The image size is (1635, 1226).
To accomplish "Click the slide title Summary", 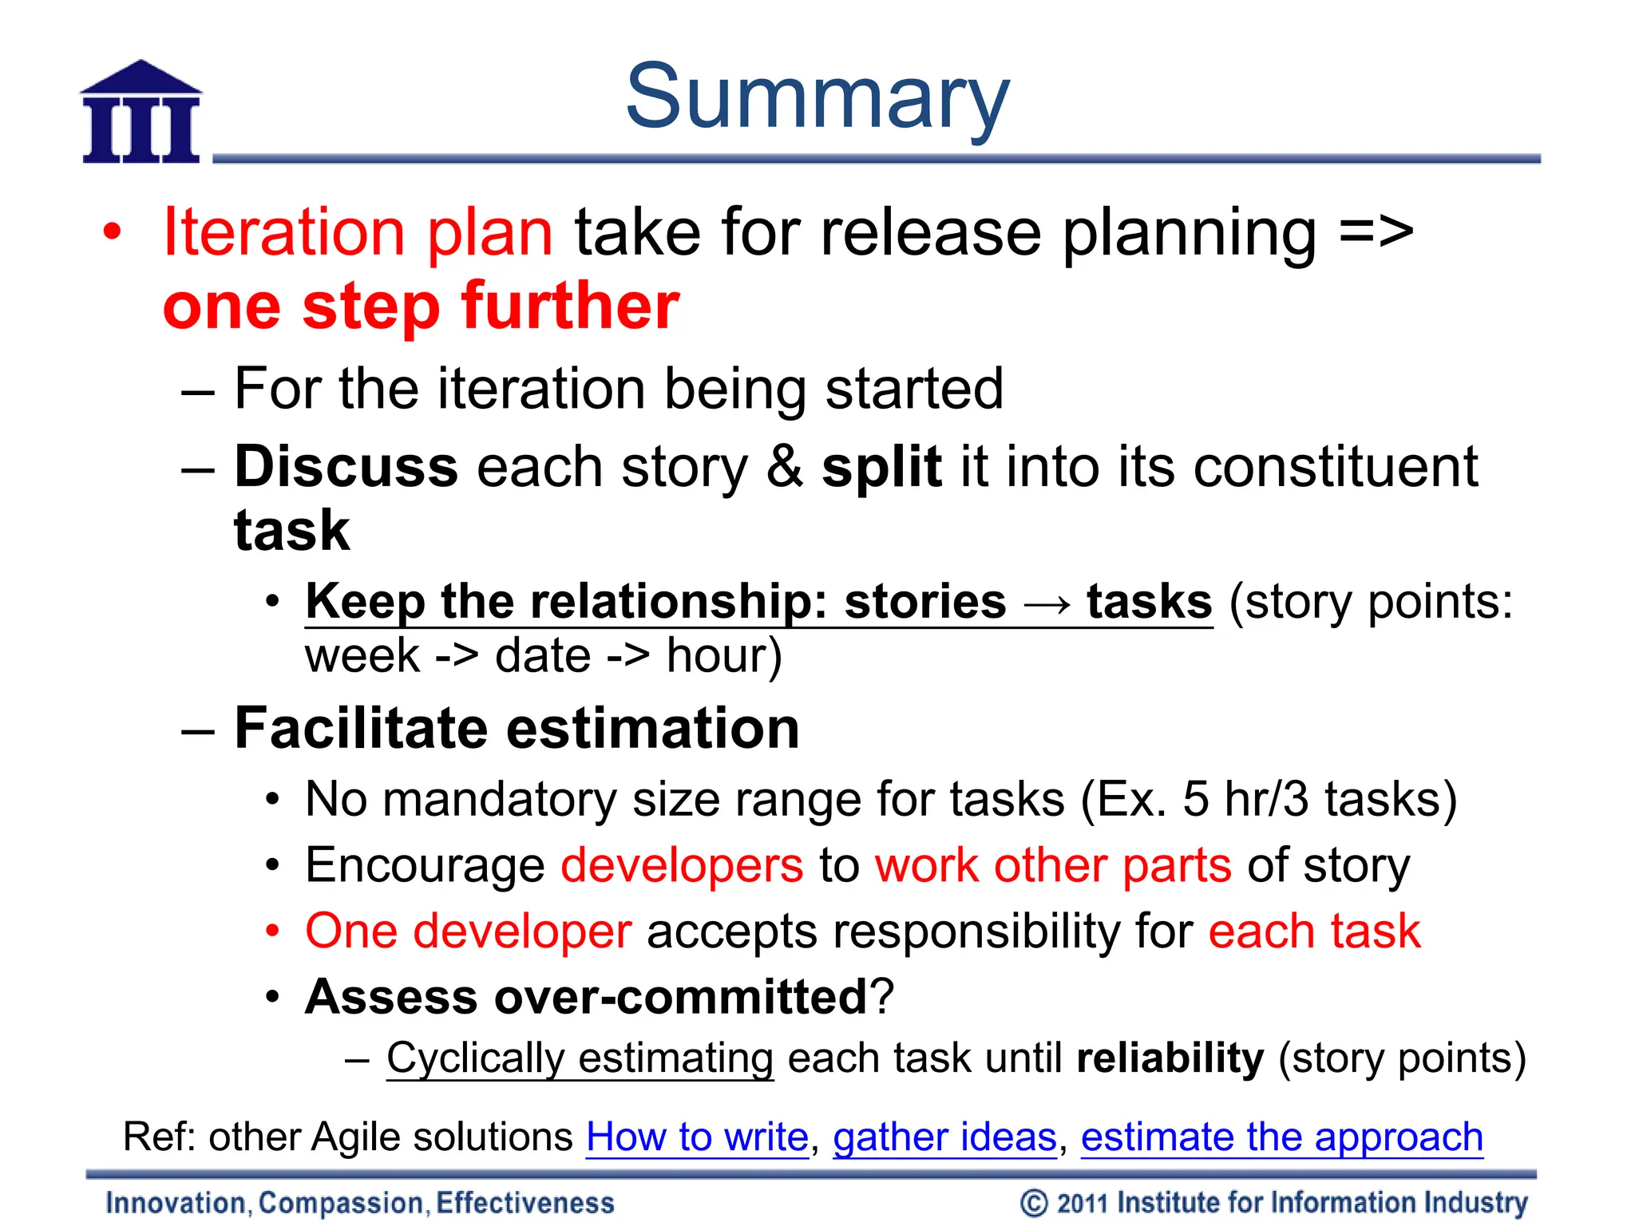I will pyautogui.click(x=817, y=97).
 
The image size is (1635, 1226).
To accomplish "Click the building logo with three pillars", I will pyautogui.click(x=141, y=113).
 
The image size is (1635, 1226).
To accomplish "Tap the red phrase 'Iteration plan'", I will pyautogui.click(x=358, y=232).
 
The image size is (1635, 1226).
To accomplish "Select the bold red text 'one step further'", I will pyautogui.click(x=421, y=306).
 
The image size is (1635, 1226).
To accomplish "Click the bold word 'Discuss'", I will pyautogui.click(x=346, y=467).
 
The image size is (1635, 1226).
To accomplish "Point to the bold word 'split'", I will pyautogui.click(x=881, y=467).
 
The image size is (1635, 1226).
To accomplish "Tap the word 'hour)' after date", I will pyautogui.click(x=724, y=657).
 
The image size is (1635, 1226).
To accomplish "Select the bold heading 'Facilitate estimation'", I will pyautogui.click(x=517, y=729).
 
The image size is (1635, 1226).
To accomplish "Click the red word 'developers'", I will pyautogui.click(x=682, y=866).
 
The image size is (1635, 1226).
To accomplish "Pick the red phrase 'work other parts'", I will pyautogui.click(x=1053, y=866).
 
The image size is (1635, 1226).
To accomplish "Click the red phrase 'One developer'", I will pyautogui.click(x=469, y=931).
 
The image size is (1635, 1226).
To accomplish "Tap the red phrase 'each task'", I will pyautogui.click(x=1314, y=931).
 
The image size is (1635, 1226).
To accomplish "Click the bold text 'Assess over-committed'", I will pyautogui.click(x=586, y=997).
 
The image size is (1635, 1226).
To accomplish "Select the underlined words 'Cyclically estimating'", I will pyautogui.click(x=580, y=1059).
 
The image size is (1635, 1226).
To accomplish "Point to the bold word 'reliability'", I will pyautogui.click(x=1170, y=1059).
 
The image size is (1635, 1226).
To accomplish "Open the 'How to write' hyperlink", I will pyautogui.click(x=697, y=1137).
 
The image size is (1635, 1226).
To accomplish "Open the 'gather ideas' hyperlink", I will pyautogui.click(x=944, y=1137).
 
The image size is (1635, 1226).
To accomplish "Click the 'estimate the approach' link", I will pyautogui.click(x=1281, y=1137).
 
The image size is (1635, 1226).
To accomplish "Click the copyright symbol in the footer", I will pyautogui.click(x=1034, y=1203).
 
